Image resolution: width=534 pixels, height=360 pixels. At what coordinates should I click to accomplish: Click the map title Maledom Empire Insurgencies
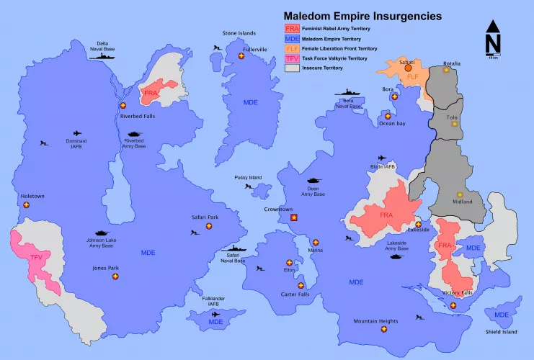(362, 14)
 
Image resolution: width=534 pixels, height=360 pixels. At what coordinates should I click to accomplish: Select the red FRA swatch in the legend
(291, 28)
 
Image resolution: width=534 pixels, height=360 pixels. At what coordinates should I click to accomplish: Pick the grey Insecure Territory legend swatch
(291, 68)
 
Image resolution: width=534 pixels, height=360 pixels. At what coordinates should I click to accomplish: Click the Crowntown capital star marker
(293, 217)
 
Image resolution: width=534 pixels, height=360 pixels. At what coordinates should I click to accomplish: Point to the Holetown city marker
(27, 205)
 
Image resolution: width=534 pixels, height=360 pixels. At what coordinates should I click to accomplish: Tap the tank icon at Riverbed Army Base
(135, 134)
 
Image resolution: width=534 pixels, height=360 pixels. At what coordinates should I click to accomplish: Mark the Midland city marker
(459, 194)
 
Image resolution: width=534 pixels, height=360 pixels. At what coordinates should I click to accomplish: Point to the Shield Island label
(501, 332)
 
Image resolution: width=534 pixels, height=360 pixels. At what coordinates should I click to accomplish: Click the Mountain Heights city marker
(383, 329)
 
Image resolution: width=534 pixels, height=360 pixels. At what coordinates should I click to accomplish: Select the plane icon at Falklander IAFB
(215, 314)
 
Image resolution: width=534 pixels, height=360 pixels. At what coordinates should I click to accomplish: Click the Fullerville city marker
(241, 57)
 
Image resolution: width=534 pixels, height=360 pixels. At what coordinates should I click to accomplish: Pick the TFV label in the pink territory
(37, 257)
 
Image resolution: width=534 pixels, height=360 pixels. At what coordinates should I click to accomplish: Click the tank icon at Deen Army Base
(315, 182)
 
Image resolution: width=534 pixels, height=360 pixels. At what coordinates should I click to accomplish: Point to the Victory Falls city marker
(453, 305)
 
